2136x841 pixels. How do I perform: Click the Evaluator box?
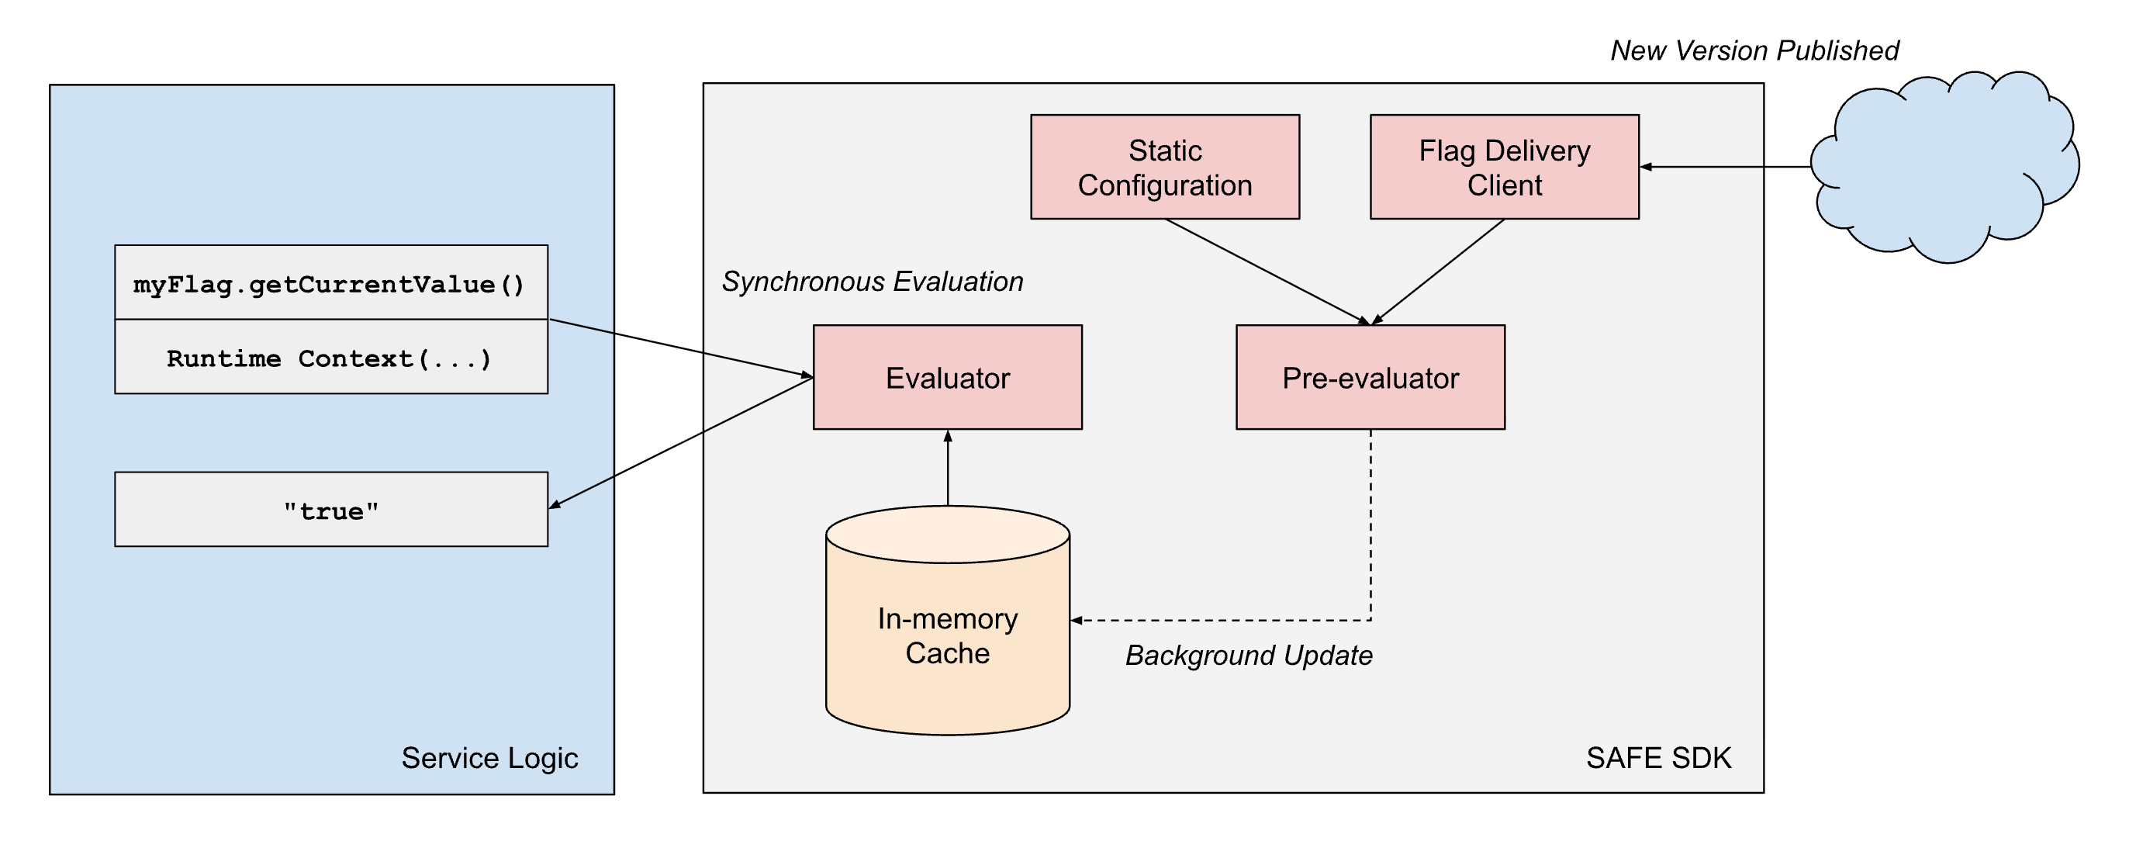(947, 377)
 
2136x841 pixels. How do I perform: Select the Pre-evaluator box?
(1370, 377)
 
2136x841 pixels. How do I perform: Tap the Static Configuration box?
(1164, 167)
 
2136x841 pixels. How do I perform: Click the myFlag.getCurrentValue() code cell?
(330, 283)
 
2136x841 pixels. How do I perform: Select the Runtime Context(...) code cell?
(330, 358)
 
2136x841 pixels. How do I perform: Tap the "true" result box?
(330, 509)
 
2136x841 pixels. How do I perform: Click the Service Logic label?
(489, 757)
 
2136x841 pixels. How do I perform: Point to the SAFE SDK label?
(1658, 757)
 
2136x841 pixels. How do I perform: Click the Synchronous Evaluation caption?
(872, 281)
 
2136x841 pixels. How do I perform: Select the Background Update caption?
(1248, 656)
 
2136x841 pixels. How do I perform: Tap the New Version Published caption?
(1754, 50)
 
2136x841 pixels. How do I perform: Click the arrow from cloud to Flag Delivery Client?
(1725, 167)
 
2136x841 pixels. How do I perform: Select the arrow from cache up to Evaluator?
(947, 469)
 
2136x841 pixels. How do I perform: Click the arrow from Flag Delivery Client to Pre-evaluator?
(1439, 271)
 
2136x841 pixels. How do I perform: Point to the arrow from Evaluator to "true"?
(680, 442)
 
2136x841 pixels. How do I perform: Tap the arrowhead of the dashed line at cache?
(1076, 621)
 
